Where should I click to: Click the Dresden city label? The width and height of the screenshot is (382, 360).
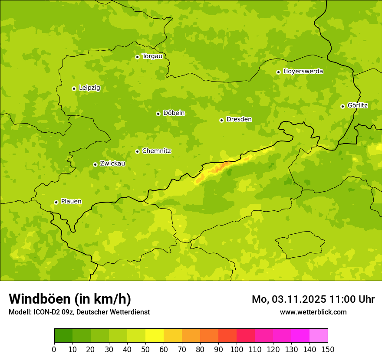[x=239, y=119]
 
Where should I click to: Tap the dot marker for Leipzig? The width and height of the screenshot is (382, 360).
[x=74, y=88]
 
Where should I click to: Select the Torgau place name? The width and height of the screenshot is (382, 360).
[x=152, y=56]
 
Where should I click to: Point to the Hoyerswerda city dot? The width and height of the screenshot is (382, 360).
[x=278, y=72]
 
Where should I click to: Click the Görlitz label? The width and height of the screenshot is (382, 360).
[x=357, y=105]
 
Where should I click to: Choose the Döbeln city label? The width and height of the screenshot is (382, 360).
[x=174, y=113]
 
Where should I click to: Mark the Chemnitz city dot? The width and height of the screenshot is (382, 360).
[x=137, y=151]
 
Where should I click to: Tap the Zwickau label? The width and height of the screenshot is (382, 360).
[x=112, y=164]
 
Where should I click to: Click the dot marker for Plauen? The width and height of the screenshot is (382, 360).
[x=56, y=202]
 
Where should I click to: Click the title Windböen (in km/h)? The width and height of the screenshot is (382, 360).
[x=70, y=299]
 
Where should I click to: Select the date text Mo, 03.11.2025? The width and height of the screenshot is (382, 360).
[x=289, y=299]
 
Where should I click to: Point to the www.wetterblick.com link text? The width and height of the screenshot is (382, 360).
[x=313, y=312]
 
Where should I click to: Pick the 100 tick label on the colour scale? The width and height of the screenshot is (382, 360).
[x=237, y=350]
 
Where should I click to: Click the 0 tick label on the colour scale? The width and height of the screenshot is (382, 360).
[x=54, y=350]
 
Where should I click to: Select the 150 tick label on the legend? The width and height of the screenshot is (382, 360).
[x=328, y=350]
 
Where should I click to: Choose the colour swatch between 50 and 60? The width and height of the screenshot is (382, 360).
[x=155, y=336]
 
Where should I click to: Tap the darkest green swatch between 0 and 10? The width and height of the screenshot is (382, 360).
[x=63, y=336]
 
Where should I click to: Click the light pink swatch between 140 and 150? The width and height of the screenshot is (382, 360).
[x=319, y=336]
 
